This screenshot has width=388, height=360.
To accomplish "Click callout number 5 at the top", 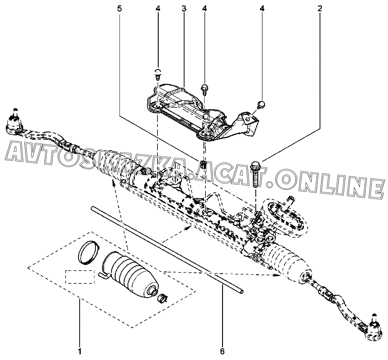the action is [x=120, y=8].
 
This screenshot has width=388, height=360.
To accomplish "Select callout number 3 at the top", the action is [x=184, y=8].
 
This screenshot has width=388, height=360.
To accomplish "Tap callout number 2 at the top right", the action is [x=320, y=8].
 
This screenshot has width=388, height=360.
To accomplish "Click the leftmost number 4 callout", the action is [x=158, y=8].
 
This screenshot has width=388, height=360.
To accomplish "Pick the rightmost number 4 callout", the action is [x=262, y=8].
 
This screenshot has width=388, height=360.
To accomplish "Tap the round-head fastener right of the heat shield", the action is [x=261, y=104].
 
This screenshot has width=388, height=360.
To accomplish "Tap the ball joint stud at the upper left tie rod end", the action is [x=15, y=113].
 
